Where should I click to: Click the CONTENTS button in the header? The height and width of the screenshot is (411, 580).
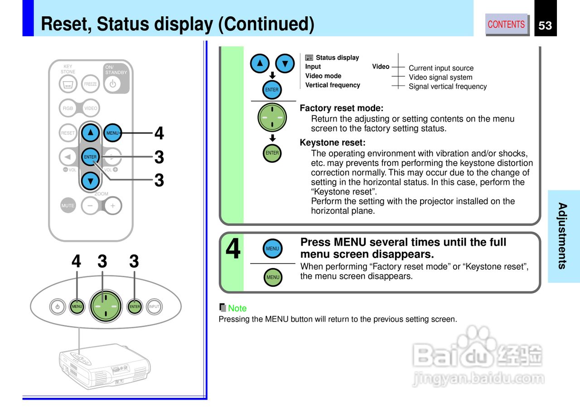[x=506, y=24]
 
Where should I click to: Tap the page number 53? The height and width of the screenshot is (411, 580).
[x=545, y=25]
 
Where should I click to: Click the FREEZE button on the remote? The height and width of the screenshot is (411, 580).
[x=90, y=84]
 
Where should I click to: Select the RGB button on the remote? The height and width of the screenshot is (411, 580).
[x=68, y=108]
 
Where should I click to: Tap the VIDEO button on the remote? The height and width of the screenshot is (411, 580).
[x=91, y=108]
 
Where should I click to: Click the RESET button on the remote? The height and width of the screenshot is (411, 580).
[x=68, y=133]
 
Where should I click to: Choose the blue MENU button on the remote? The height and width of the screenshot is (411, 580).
[x=112, y=133]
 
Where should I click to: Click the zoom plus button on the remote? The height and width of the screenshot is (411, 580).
[x=113, y=206]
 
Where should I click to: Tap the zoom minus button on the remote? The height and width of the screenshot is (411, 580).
[x=90, y=206]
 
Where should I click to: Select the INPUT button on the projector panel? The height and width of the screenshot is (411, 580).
[x=154, y=307]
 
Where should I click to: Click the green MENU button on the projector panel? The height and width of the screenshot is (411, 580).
[x=77, y=307]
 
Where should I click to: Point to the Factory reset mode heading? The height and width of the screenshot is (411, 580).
[x=342, y=108]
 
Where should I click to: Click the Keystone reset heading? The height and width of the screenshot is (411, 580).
[x=333, y=142]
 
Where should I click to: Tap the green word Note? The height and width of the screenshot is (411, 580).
[x=237, y=308]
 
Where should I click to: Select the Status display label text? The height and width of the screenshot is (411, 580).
[x=338, y=58]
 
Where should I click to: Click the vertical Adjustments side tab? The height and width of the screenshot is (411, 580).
[x=563, y=236]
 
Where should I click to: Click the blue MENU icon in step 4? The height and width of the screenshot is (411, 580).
[x=272, y=249]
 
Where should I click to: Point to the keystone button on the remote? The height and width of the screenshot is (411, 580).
[x=68, y=84]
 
